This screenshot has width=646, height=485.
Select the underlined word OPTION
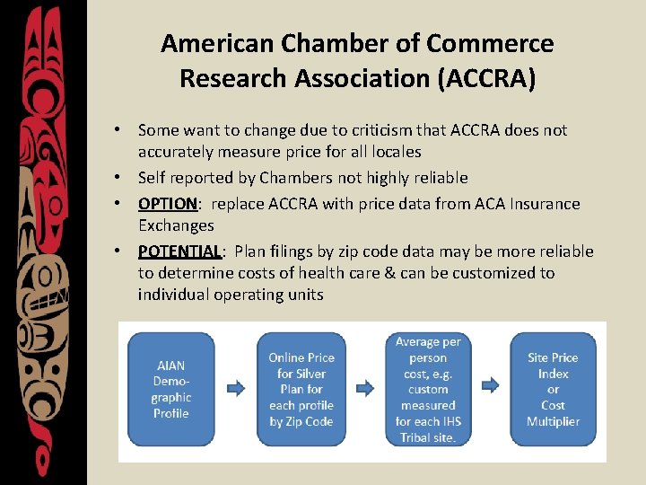click(167, 204)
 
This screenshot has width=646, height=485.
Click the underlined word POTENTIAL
click(179, 251)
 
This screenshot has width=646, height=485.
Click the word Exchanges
click(176, 225)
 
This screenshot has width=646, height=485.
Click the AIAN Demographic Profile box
click(171, 389)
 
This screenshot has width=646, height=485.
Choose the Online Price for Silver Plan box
click(301, 389)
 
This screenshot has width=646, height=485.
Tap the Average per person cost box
click(428, 389)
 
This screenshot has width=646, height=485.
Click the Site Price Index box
click(553, 389)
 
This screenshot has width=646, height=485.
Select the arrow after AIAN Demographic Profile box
click(236, 389)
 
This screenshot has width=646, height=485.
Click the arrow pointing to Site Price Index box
click(490, 389)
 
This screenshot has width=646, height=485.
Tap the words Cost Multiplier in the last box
click(553, 413)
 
